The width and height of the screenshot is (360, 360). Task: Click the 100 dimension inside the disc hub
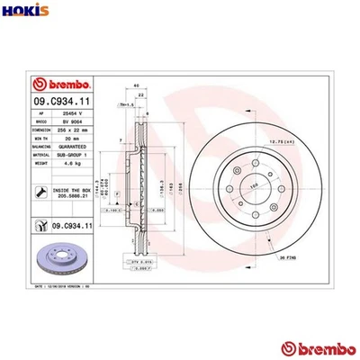[x=241, y=186]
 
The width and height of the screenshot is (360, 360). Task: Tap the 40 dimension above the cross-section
[x=137, y=86]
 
